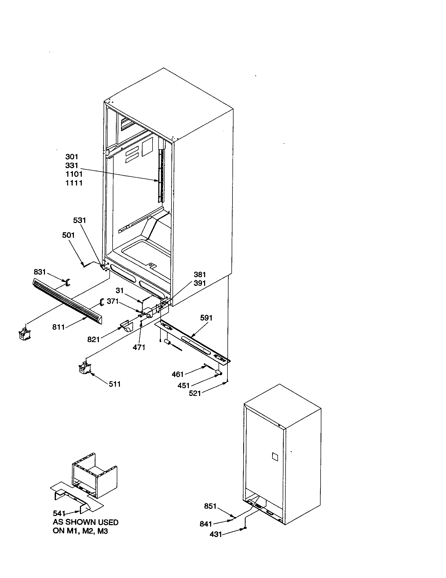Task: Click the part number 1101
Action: pyautogui.click(x=74, y=174)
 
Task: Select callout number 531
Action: pyautogui.click(x=79, y=220)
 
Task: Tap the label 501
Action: pyautogui.click(x=68, y=235)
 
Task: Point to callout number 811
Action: pyautogui.click(x=59, y=327)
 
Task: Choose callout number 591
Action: pyautogui.click(x=206, y=318)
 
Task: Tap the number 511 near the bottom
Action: pyautogui.click(x=115, y=384)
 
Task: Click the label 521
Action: pyautogui.click(x=195, y=393)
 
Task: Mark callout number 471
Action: pyautogui.click(x=139, y=347)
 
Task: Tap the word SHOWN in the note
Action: pyautogui.click(x=79, y=522)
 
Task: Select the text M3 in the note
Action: pyautogui.click(x=103, y=531)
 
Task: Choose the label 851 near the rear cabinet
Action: pyautogui.click(x=210, y=506)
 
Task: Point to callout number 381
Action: pyautogui.click(x=200, y=275)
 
